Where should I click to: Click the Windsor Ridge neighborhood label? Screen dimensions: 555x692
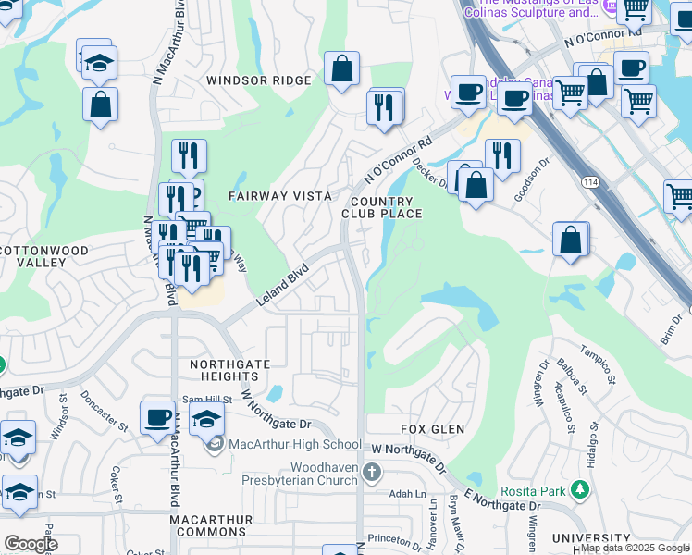click(259, 80)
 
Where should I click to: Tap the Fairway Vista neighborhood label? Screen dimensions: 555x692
click(279, 196)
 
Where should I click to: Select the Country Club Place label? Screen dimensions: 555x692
click(386, 207)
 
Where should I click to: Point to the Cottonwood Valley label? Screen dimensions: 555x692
click(44, 256)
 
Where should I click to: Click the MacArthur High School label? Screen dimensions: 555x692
click(295, 445)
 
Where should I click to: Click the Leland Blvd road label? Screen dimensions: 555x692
click(281, 285)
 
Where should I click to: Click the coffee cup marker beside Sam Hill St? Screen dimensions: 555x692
click(158, 416)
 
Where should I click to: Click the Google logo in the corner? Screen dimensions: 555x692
click(30, 543)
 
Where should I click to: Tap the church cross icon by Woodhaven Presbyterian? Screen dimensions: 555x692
click(371, 474)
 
